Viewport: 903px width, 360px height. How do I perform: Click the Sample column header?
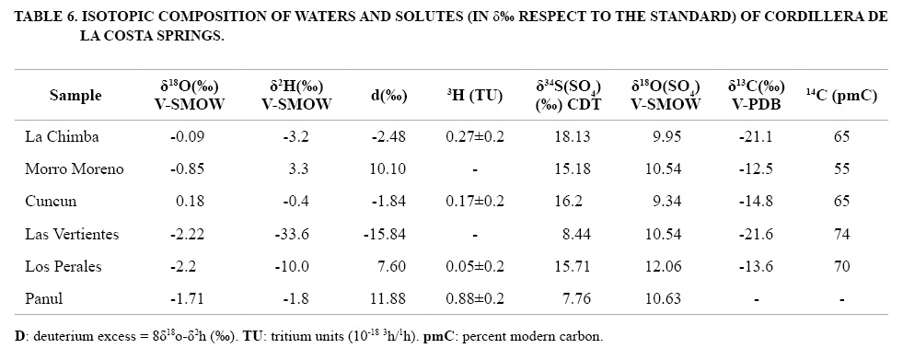coord(75,96)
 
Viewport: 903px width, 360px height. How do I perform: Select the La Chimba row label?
coord(63,136)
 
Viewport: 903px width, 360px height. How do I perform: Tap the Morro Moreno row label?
coord(75,168)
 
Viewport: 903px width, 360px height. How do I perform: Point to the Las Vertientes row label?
coord(72,234)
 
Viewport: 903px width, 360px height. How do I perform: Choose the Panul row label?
coord(44,299)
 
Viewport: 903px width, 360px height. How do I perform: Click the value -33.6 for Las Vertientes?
coord(296,234)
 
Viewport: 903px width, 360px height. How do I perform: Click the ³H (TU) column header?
coord(474,96)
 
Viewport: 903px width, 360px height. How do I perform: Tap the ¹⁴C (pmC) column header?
coord(842,96)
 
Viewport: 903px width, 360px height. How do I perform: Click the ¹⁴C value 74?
coord(842,234)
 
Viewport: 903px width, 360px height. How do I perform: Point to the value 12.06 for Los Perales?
coord(665,266)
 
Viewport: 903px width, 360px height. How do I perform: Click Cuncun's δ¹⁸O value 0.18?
coord(191,201)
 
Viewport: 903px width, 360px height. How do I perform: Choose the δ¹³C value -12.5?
coord(756,168)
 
